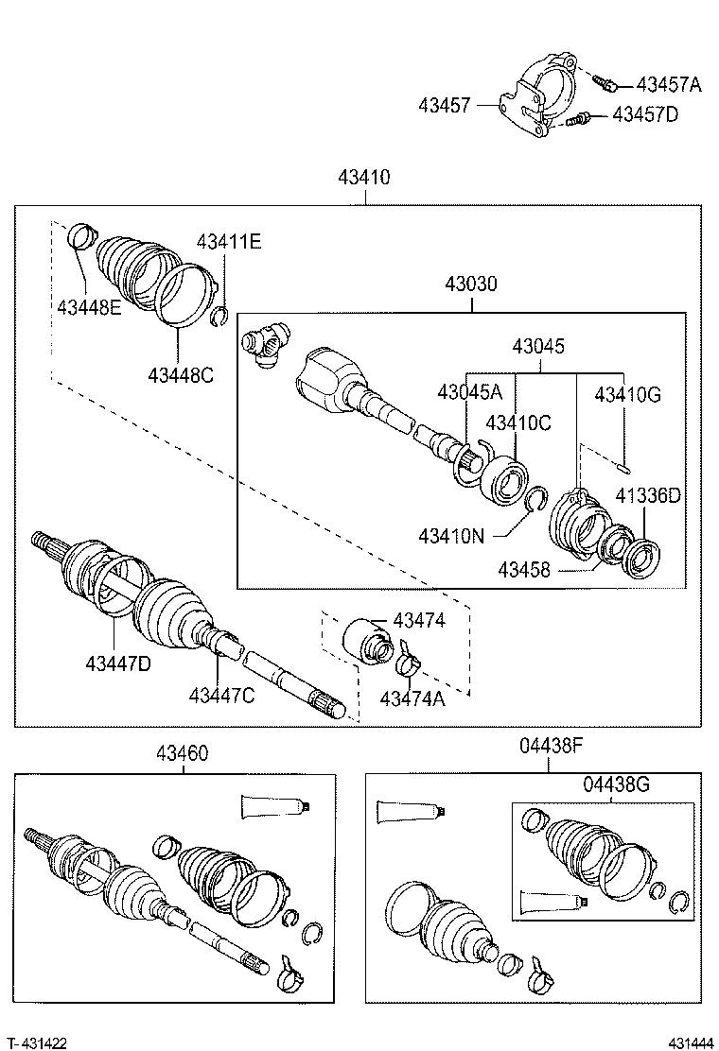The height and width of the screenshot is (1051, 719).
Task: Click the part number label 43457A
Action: point(669,85)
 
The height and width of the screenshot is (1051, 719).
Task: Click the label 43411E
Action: point(229,242)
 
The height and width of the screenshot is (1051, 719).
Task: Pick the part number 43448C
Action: point(180,374)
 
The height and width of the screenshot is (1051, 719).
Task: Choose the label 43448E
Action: point(89,306)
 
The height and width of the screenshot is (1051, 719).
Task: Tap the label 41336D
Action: point(648,494)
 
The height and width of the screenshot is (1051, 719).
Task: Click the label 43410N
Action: point(451,537)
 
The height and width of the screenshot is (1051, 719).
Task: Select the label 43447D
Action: point(117,663)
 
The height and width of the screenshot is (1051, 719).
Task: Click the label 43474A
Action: point(412,698)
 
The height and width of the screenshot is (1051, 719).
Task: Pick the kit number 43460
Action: point(183,753)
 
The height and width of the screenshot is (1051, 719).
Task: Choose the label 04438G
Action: point(616,784)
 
